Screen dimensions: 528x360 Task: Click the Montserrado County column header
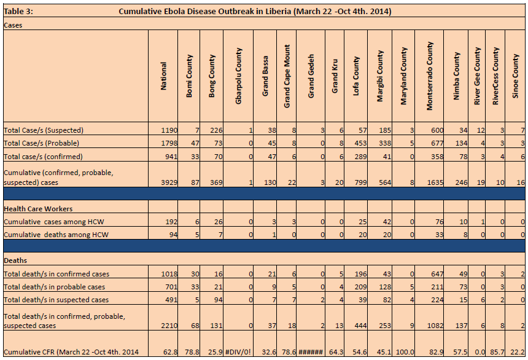tap(429, 76)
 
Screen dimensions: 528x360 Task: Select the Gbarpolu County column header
tap(238, 76)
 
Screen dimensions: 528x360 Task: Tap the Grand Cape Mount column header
tap(287, 76)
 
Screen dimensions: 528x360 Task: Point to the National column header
tap(163, 76)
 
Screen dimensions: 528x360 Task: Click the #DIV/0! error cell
tap(238, 352)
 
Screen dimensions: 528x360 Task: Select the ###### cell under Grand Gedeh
tap(311, 352)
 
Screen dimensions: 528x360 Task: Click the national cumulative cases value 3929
tap(169, 182)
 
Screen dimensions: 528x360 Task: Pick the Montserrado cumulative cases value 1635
tap(435, 182)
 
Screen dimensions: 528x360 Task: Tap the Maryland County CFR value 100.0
tap(405, 352)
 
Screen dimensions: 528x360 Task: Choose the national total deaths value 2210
tap(169, 326)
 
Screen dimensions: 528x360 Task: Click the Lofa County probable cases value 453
tap(360, 143)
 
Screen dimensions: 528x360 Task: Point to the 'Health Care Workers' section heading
tap(38, 209)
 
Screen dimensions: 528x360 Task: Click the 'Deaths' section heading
tap(15, 260)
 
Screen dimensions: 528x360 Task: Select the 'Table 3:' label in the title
tap(18, 12)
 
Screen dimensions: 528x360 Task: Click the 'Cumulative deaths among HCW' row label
tap(56, 235)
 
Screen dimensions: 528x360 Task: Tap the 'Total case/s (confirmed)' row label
tap(43, 157)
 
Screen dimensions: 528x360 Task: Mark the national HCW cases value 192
tap(171, 222)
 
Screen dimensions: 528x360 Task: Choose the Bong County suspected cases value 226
tap(216, 130)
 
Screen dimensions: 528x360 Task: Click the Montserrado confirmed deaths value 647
tap(437, 274)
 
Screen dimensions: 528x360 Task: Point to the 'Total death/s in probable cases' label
tap(54, 287)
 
